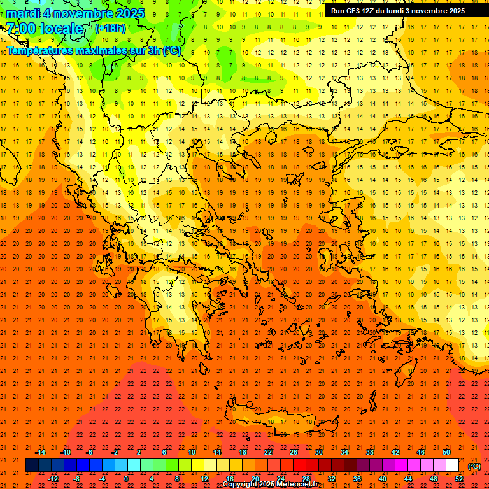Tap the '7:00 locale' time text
pos(46,29)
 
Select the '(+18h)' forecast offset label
pos(110,28)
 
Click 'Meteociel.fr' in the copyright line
pos(298,485)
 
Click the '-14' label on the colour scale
pos(40,452)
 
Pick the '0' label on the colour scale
pos(126,479)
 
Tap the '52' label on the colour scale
pos(458,479)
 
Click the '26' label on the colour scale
pos(294,452)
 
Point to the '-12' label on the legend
pos(53,479)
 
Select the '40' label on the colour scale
pos(382,479)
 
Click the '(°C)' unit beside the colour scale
pos(474,466)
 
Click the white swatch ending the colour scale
pos(452,465)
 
